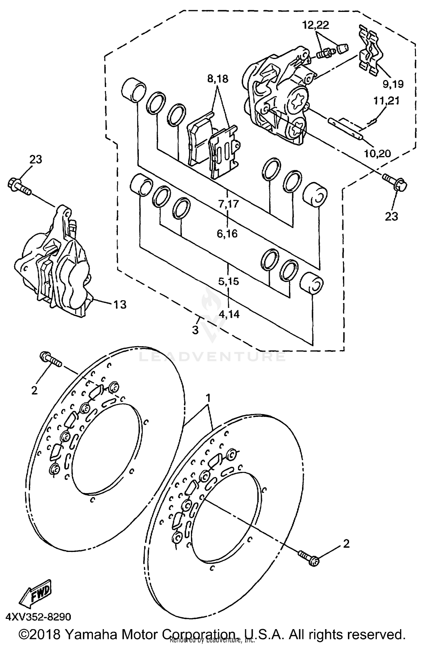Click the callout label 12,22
point(315,26)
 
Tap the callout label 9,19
point(393,84)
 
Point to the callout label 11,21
point(386,101)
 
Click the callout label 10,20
point(377,154)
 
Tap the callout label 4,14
point(229,314)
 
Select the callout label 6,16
point(227,234)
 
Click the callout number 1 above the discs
point(208,398)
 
